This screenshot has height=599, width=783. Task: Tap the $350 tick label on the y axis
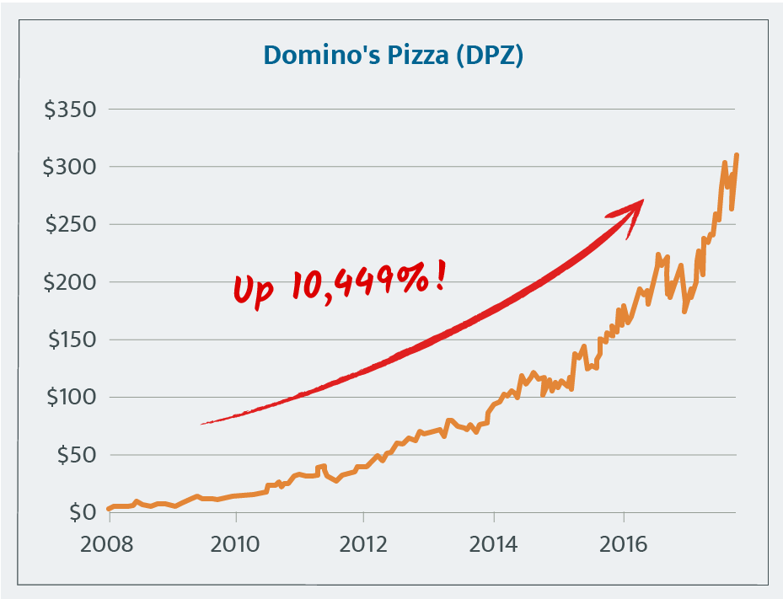[69, 110]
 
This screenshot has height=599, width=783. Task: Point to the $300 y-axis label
[69, 168]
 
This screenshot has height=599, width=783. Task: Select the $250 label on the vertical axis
[69, 225]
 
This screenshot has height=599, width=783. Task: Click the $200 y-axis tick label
[69, 282]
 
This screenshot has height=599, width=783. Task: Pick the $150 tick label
[69, 340]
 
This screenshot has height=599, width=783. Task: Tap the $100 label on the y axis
[69, 397]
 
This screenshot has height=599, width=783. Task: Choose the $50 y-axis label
[74, 455]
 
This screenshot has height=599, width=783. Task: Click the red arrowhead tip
[642, 201]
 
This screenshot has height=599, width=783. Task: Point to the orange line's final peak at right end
[737, 155]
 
